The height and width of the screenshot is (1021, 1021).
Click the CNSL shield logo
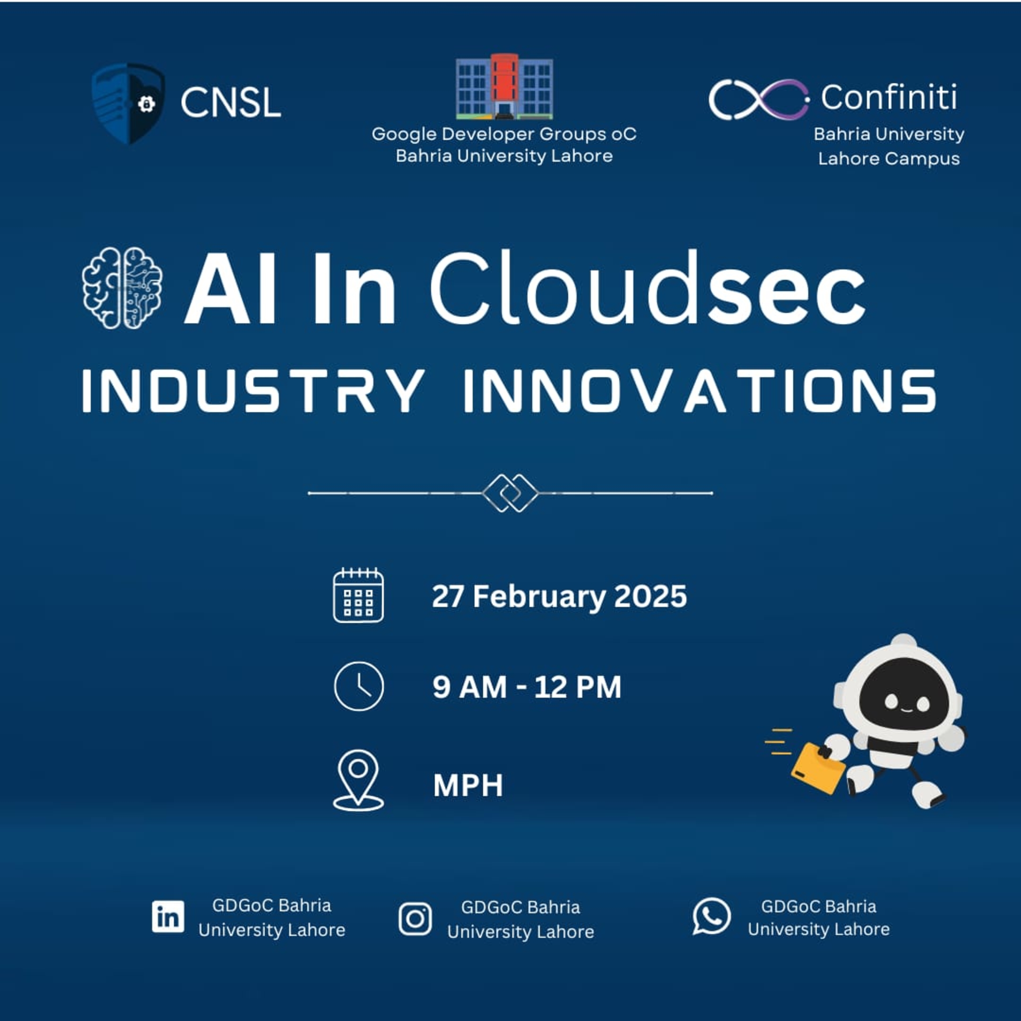128,103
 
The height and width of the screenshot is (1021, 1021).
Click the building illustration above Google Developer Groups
504,87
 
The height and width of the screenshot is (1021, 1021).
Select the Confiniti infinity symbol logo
758,99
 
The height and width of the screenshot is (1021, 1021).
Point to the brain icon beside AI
122,288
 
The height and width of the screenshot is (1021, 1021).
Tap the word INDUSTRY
254,391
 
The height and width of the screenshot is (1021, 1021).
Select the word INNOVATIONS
700,391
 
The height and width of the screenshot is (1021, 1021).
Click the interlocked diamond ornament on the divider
510,493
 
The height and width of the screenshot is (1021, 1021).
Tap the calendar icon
358,595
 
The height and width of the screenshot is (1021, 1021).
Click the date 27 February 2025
559,596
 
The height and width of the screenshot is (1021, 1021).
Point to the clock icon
359,686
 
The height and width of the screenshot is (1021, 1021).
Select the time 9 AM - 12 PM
527,687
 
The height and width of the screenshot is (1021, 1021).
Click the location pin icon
358,780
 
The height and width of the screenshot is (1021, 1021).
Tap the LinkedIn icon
168,917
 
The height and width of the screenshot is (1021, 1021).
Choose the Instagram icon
415,918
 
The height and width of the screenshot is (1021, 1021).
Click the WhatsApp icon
711,916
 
